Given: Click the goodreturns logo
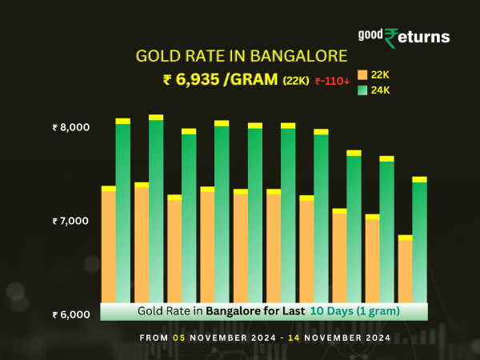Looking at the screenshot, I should click(403, 35).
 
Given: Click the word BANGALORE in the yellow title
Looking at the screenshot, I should click(296, 56).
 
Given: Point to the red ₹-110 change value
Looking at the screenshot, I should click(332, 80).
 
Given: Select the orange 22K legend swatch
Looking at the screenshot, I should click(362, 74).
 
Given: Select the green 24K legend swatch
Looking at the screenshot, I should click(362, 90).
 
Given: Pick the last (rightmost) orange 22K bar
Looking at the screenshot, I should click(405, 270).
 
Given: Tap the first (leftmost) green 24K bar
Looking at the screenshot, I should click(123, 212).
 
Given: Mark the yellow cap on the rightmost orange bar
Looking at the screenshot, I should click(405, 238).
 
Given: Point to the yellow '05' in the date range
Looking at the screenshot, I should click(182, 338).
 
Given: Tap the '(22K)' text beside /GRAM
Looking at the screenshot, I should click(295, 80).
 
